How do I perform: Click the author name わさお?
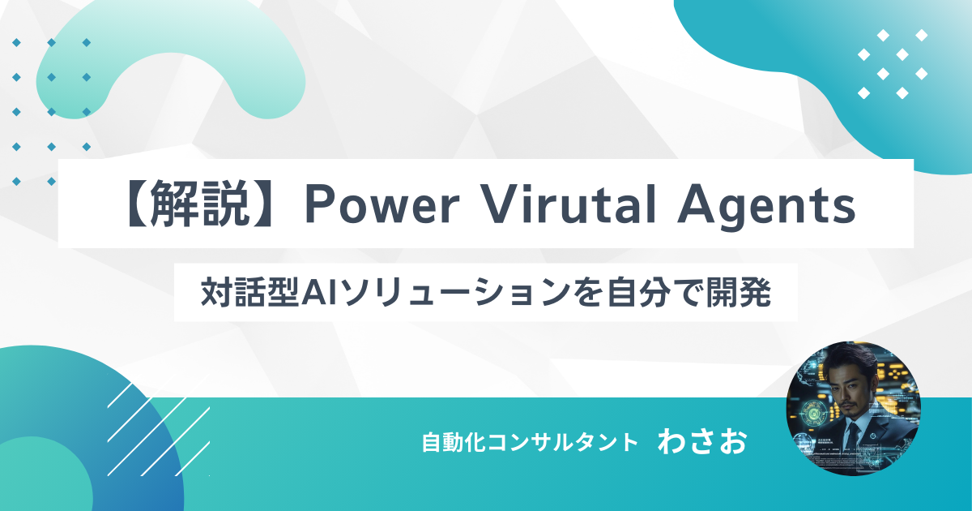[x=702, y=442]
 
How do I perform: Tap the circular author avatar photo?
[x=853, y=408]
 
